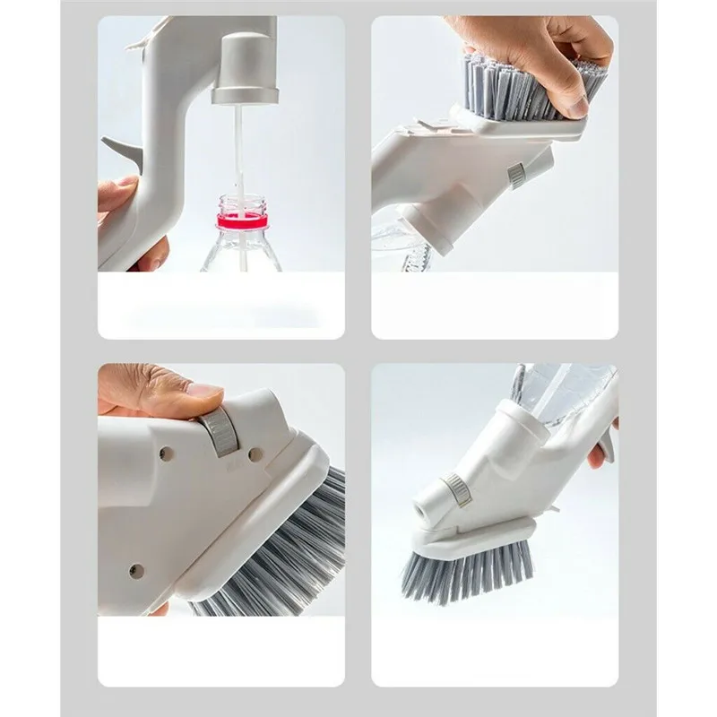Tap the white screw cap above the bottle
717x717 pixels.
[x=245, y=67]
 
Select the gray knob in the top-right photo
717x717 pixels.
[x=516, y=174]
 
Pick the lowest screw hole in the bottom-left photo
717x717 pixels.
[x=136, y=570]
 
